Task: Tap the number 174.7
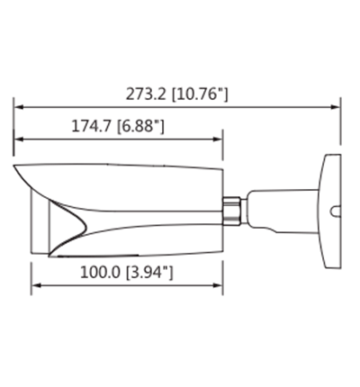92,128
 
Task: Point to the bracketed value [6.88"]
139,128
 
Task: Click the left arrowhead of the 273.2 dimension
18,106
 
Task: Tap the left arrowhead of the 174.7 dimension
18,140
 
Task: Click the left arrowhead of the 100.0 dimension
37,286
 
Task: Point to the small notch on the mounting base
334,214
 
